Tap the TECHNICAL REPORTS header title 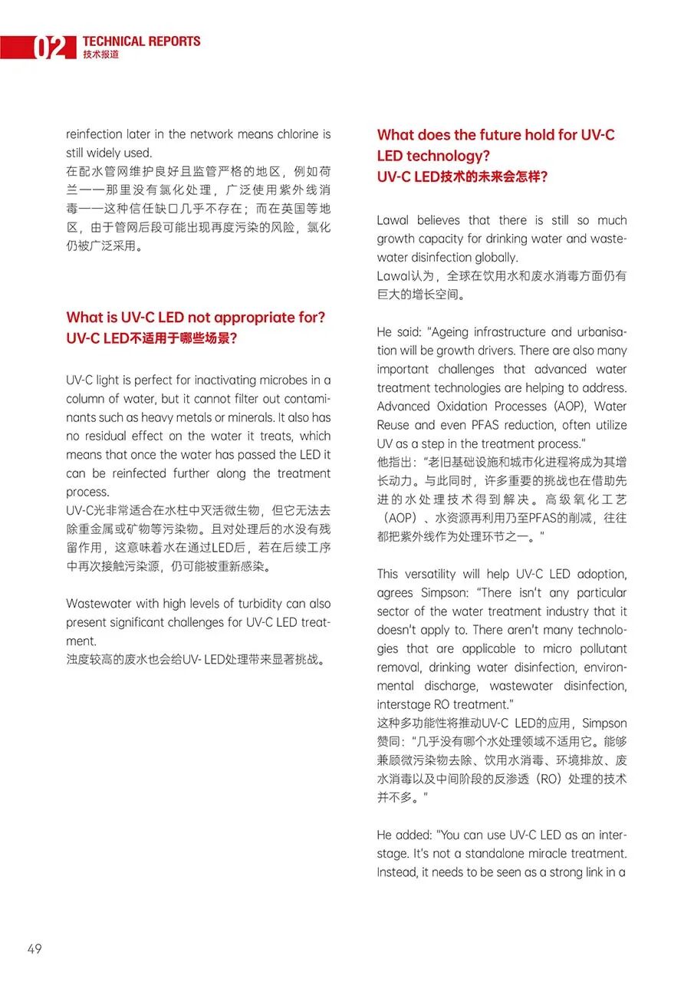pos(141,41)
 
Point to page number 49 pos(35,949)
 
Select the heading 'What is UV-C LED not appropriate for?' pos(196,318)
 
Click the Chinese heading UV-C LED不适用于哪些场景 pos(152,338)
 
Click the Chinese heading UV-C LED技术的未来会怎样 pos(462,176)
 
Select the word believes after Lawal pos(438,220)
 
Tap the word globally pos(495,258)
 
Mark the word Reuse pos(393,425)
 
